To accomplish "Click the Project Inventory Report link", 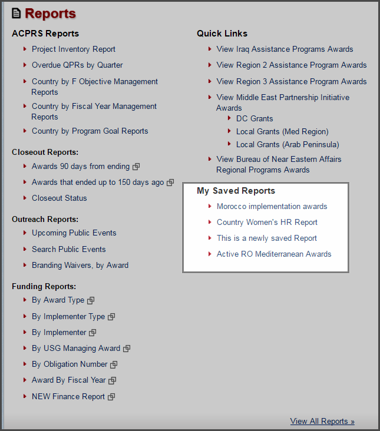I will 74,49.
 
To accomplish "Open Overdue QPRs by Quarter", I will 77,65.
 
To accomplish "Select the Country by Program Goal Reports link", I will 90,131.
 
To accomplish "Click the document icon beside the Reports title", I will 16,13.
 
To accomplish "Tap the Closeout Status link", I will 59,198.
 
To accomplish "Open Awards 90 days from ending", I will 81,167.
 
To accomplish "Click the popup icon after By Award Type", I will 91,301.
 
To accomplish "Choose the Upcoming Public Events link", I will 74,233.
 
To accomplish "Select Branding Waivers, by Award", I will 80,266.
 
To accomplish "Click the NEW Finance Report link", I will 68,397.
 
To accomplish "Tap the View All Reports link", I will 322,422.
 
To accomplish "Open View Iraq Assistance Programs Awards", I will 285,49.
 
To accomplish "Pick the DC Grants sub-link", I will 255,119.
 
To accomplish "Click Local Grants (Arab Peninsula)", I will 288,145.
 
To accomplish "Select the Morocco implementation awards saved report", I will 272,207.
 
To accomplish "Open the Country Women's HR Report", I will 267,223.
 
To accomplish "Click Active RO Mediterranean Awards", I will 274,254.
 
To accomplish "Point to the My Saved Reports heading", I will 236,191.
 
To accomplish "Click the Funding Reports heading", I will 44,287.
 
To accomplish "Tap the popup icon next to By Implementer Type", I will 111,317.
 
